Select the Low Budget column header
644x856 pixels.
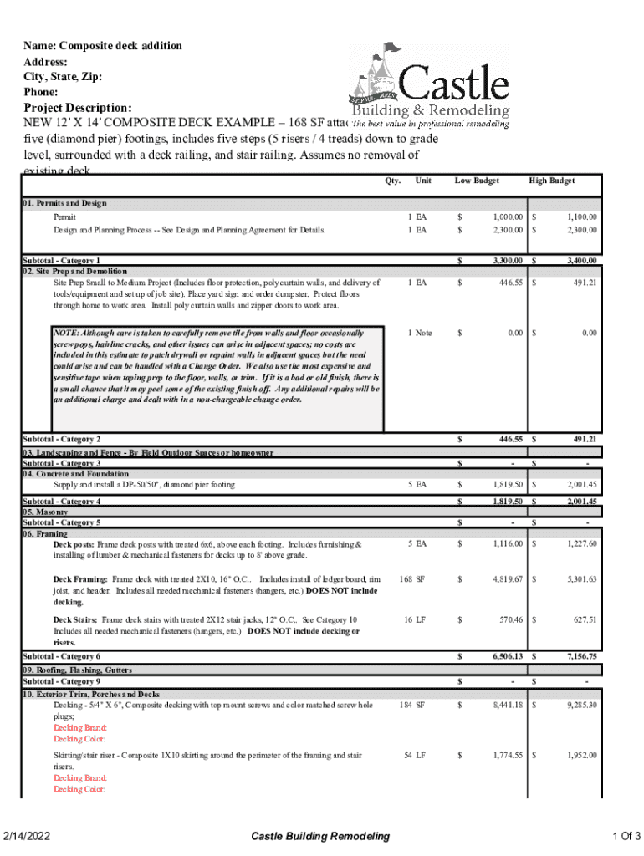(477, 181)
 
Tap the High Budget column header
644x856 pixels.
(551, 181)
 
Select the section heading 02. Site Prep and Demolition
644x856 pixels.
(74, 271)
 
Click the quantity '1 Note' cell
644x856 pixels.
(420, 333)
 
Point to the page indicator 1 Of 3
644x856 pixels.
(626, 837)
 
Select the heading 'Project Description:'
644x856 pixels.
(77, 109)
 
